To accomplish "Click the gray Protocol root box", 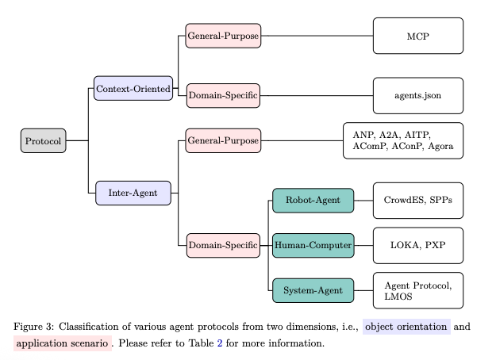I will (x=43, y=140).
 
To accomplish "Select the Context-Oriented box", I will (x=133, y=88).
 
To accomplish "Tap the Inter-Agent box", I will (x=133, y=193).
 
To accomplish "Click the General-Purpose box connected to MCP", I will (x=222, y=36).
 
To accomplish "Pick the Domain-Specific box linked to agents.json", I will (x=222, y=96).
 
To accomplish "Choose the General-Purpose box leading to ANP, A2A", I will (x=222, y=140).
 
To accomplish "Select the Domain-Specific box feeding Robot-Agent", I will (x=222, y=246).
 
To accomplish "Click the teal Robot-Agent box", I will (x=313, y=201).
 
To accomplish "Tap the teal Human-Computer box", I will (x=313, y=246).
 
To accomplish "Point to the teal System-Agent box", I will (x=313, y=291).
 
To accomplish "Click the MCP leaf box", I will (x=417, y=36).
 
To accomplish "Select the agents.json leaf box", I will (x=417, y=96).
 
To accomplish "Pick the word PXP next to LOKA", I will (x=435, y=246).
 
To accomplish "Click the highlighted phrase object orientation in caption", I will (x=406, y=327).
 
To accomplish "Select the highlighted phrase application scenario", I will (x=63, y=343).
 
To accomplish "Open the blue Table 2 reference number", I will (x=220, y=343).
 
